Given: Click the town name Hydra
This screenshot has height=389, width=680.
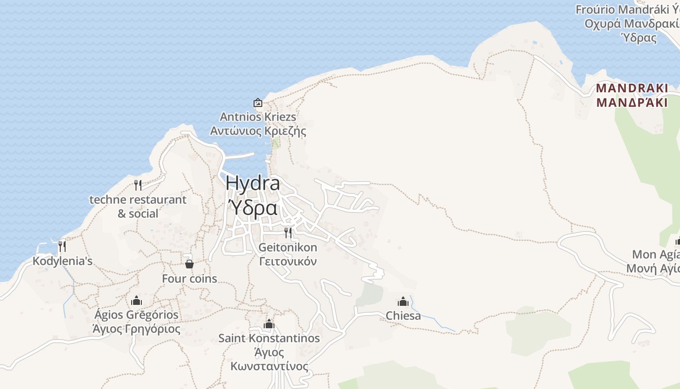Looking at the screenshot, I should click(x=253, y=183).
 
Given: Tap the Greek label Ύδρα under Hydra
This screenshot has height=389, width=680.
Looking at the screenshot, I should click(x=253, y=208).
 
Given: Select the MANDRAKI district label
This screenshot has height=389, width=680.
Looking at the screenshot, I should click(x=632, y=88).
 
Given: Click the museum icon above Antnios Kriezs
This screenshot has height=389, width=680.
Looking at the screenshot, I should click(x=258, y=103).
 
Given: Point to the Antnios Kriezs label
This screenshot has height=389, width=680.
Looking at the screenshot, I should click(x=258, y=117).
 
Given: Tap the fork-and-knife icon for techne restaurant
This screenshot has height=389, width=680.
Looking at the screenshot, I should click(x=138, y=185).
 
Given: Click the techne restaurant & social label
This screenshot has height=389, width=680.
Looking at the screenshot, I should click(x=138, y=200).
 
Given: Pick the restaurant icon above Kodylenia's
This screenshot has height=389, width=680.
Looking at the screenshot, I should click(x=62, y=247).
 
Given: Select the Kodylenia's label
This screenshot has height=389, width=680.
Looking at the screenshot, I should click(x=62, y=261).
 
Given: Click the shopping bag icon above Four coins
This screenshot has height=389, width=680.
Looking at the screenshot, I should click(x=189, y=264).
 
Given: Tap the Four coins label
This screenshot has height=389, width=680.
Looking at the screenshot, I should click(x=189, y=279).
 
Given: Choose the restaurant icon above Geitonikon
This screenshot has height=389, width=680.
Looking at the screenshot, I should click(x=288, y=232).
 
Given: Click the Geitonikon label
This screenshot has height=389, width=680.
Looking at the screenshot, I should click(x=288, y=247).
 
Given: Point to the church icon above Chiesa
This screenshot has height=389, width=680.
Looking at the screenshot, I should click(x=403, y=301).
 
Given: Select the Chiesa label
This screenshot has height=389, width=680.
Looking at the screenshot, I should click(x=403, y=316).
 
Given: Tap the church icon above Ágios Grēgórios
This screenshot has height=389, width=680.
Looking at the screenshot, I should click(x=136, y=301).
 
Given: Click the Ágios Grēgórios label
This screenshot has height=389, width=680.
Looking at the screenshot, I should click(x=136, y=315).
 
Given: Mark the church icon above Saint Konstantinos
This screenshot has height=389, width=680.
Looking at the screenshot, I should click(x=269, y=324).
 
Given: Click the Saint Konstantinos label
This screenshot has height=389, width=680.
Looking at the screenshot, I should click(x=269, y=338).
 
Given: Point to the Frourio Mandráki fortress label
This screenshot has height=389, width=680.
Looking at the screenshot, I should click(x=627, y=10).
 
